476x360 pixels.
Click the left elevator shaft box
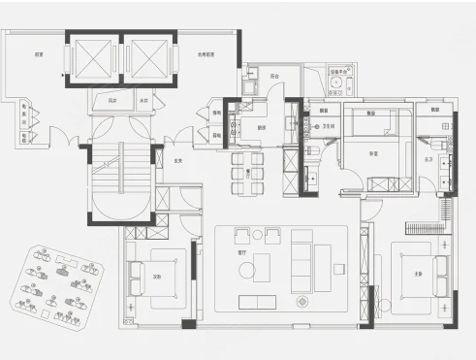(x=93, y=59)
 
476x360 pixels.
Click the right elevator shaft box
(x=150, y=59)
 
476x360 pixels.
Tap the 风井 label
(x=111, y=99)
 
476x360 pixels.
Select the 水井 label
(x=143, y=99)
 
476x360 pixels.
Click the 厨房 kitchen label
(x=262, y=126)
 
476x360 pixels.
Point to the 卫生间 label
(x=328, y=125)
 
